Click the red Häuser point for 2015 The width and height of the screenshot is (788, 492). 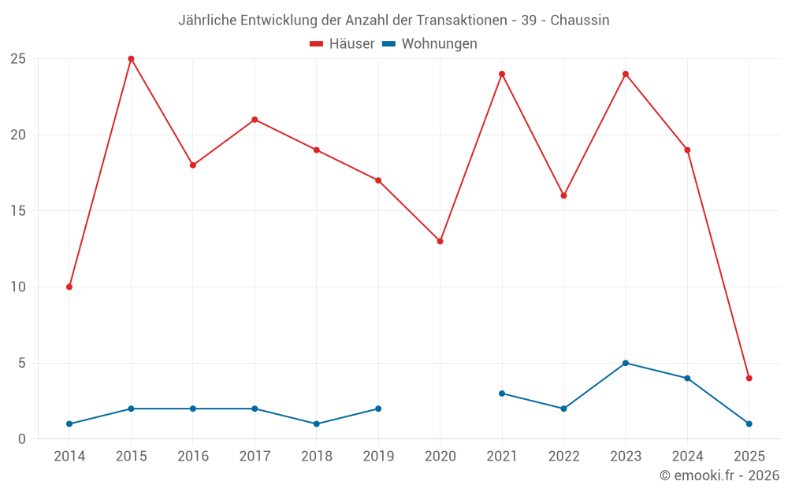click(x=131, y=59)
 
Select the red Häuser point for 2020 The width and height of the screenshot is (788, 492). click(x=440, y=241)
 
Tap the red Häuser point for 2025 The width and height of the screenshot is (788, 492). click(x=749, y=378)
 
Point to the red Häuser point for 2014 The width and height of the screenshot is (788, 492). click(x=69, y=287)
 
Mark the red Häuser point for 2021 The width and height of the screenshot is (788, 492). click(x=502, y=74)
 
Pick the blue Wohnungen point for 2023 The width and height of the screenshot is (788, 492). click(x=626, y=363)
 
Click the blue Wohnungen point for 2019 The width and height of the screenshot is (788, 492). click(x=378, y=409)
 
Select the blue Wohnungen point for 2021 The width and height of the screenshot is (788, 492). click(x=502, y=394)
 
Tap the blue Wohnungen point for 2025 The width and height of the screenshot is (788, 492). click(x=749, y=424)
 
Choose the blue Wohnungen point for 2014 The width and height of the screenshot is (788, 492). click(x=69, y=424)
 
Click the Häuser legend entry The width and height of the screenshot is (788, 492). click(x=342, y=44)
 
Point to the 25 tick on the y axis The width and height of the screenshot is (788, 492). click(x=17, y=59)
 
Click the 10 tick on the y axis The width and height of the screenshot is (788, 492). click(x=17, y=287)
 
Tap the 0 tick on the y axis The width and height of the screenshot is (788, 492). click(x=21, y=439)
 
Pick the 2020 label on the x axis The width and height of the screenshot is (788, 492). click(x=440, y=457)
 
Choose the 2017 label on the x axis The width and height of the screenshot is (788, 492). click(x=255, y=457)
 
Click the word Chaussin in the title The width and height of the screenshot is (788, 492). click(x=580, y=20)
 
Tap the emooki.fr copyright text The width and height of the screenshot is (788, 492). click(x=719, y=475)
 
